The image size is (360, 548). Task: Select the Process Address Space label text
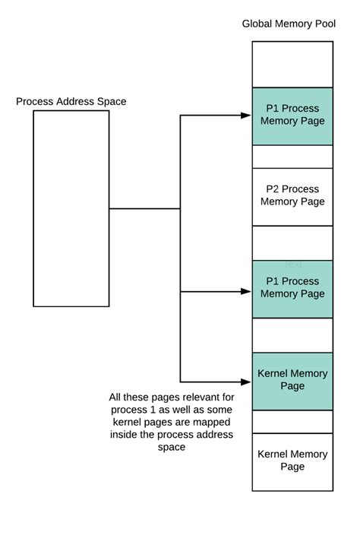71,102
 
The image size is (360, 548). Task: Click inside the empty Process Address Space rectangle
71,208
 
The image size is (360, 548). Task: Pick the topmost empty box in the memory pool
292,64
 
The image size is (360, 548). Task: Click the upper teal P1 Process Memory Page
292,116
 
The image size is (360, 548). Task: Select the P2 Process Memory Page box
292,196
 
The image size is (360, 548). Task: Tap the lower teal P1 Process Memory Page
292,289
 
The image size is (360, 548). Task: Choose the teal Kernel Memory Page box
292,381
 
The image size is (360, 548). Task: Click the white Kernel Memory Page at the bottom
292,461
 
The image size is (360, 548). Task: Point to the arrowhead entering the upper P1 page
246,116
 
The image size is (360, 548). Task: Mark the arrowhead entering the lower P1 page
246,291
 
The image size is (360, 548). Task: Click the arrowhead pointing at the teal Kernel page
246,382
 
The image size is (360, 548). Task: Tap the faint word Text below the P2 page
293,264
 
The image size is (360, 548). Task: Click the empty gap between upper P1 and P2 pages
292,157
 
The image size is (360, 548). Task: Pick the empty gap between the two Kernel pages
292,422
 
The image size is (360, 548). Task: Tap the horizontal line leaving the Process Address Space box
144,208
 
